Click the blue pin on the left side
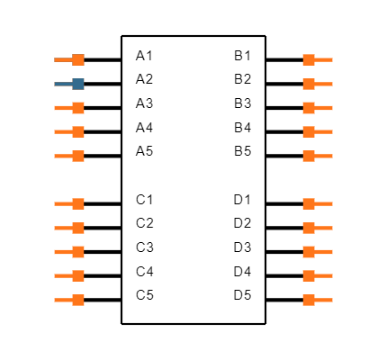point(77,84)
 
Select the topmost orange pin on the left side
point(77,60)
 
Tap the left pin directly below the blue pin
point(77,108)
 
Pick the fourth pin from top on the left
point(77,132)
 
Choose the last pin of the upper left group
point(77,156)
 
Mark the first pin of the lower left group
point(77,204)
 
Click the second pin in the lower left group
point(77,228)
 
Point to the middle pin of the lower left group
point(77,252)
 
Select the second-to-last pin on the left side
point(77,276)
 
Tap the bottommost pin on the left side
point(77,300)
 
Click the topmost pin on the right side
point(309,60)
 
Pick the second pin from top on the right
point(309,84)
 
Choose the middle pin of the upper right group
point(309,108)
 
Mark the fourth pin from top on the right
point(309,132)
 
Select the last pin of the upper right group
point(309,156)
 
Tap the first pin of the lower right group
point(309,204)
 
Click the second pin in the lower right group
point(309,228)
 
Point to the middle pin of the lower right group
point(309,252)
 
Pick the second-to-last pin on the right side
point(309,276)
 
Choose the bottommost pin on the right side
point(309,300)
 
